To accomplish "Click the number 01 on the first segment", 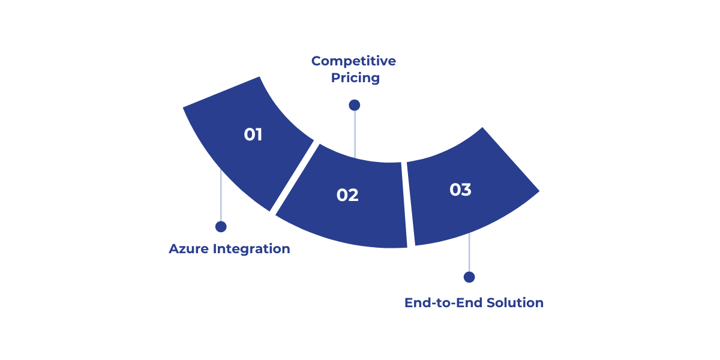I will (x=253, y=134).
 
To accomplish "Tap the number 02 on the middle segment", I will (x=347, y=195).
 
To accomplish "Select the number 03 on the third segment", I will (x=460, y=190).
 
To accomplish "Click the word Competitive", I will (x=353, y=61).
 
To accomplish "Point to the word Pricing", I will (x=355, y=78).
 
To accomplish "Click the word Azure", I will (x=189, y=249).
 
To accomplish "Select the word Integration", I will (x=251, y=249).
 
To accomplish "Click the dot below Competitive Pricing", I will (x=355, y=105).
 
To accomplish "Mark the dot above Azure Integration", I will (x=221, y=227).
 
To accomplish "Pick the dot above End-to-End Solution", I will (x=469, y=277).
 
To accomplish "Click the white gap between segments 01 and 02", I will (x=294, y=177).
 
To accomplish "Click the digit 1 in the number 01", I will (x=259, y=134).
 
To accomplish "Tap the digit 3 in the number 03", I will (x=466, y=190).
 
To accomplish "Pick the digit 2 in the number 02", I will (x=353, y=195).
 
